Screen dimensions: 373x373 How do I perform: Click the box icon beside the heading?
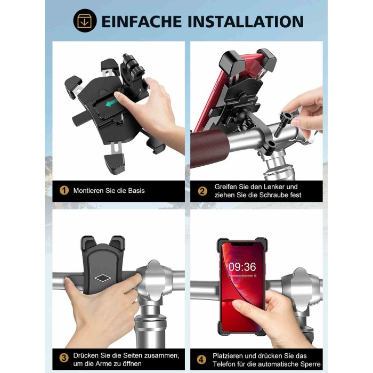tap(85, 21)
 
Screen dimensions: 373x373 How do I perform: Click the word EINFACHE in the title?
tap(142, 22)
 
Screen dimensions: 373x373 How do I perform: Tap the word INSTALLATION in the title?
tap(246, 22)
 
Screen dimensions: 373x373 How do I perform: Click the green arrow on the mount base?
tap(111, 103)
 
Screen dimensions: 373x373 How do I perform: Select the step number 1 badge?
tap(64, 190)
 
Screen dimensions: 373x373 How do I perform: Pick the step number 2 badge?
tap(202, 191)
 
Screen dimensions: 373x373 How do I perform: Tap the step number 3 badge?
tap(64, 358)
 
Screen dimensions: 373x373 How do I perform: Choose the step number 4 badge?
tap(201, 360)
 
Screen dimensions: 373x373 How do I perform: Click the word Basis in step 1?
tap(136, 191)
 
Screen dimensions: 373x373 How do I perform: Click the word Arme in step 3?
tap(102, 364)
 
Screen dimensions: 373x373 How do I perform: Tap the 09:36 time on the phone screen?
tap(242, 266)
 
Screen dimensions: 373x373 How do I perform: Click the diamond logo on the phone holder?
tap(103, 278)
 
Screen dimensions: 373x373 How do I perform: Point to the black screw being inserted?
tap(282, 124)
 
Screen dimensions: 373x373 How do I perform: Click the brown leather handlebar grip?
tap(209, 149)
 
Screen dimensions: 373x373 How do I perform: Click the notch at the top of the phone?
tap(242, 244)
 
